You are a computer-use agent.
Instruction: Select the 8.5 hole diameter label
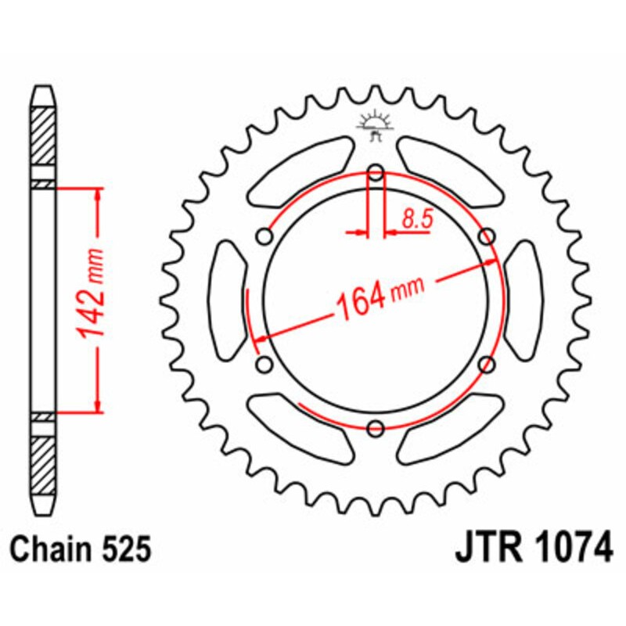[418, 220]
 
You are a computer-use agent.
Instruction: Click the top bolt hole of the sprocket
[376, 174]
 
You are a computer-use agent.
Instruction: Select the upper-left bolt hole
[265, 236]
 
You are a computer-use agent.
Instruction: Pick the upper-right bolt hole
[486, 236]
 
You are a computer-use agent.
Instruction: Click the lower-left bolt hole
[264, 364]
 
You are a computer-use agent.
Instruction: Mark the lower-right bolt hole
[487, 364]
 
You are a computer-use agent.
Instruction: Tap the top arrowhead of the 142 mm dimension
[98, 193]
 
